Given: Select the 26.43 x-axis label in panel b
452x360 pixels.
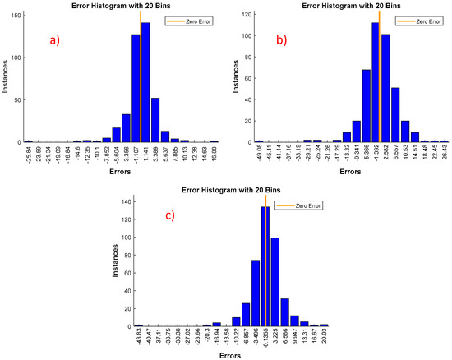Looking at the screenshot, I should pos(445,158).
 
